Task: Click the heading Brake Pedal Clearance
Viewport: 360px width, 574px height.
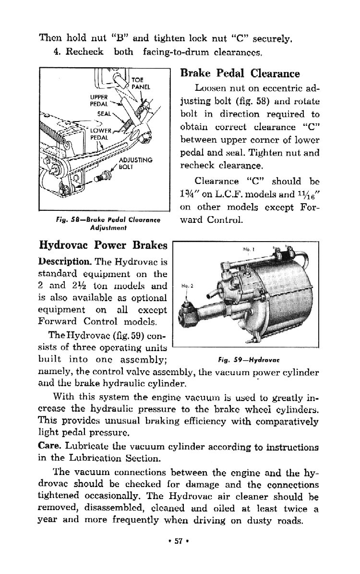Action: (240, 73)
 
